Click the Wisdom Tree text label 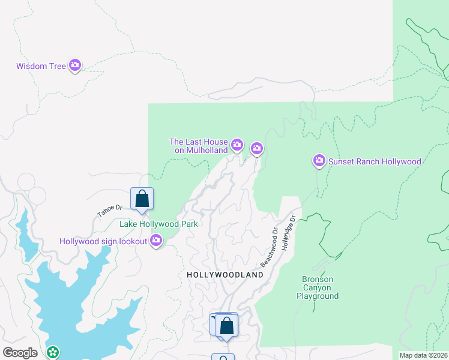coord(41,66)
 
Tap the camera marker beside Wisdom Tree coord(75,65)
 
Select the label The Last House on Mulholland coord(199,146)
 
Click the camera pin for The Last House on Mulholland coord(237,145)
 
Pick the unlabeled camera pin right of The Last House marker coord(257,148)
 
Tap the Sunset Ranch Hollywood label coord(375,161)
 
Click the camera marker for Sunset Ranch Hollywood coord(319,160)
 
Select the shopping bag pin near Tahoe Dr coord(142,199)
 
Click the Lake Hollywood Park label coord(159,224)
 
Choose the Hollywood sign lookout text coord(103,241)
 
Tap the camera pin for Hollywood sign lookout coord(156,241)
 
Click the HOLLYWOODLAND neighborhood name coord(225,275)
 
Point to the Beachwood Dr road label coord(269,247)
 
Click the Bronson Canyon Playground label coord(318,287)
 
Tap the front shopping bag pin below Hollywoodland coord(227,326)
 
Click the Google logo coord(20,353)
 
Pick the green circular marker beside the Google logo coord(53,352)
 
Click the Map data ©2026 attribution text coord(423,355)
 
